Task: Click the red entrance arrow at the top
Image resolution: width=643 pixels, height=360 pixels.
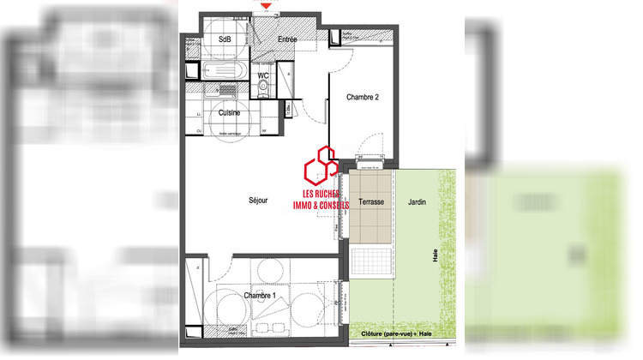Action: pyautogui.click(x=267, y=5)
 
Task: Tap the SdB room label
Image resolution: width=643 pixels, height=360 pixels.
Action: pyautogui.click(x=225, y=39)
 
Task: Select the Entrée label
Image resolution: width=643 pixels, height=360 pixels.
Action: pyautogui.click(x=287, y=40)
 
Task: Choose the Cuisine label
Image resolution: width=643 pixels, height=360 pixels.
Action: pyautogui.click(x=229, y=112)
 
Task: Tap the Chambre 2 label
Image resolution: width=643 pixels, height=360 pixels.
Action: pyautogui.click(x=362, y=98)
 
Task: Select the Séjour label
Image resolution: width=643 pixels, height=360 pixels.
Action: pyautogui.click(x=258, y=201)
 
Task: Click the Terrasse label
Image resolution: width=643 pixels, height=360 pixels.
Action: pyautogui.click(x=371, y=201)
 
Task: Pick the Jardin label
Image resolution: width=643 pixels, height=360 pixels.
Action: pyautogui.click(x=417, y=201)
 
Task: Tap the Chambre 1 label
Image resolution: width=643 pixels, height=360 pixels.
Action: pyautogui.click(x=260, y=296)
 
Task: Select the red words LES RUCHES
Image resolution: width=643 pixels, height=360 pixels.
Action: pyautogui.click(x=318, y=194)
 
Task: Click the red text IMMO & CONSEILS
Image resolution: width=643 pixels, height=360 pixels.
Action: pyautogui.click(x=321, y=207)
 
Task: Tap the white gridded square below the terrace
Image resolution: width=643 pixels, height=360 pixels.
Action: pyautogui.click(x=372, y=259)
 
